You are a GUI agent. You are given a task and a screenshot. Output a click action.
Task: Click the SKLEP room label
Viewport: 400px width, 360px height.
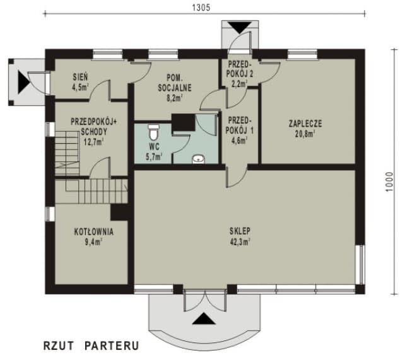(x=240, y=230)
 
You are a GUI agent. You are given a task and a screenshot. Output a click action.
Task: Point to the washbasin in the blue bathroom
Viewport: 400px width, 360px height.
(x=198, y=159)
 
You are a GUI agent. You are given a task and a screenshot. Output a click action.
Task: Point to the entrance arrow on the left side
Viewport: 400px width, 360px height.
(x=23, y=80)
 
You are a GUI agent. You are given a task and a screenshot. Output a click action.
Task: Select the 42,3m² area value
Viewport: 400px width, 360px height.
(x=240, y=240)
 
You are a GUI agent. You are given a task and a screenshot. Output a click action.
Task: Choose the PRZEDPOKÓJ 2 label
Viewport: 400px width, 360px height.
(x=239, y=68)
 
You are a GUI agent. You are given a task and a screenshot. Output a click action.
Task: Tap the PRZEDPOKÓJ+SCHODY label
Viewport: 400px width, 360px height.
(x=88, y=128)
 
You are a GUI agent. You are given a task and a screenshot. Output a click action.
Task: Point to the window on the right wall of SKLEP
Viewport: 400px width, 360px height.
(x=362, y=265)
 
